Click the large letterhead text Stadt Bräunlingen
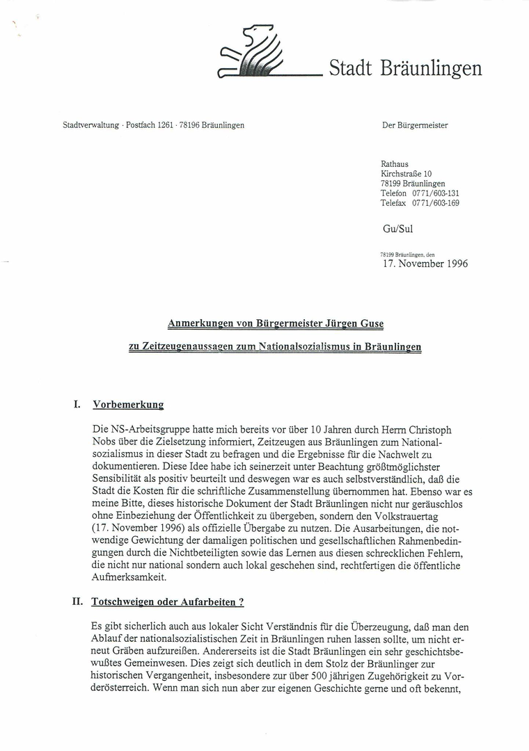coord(405,68)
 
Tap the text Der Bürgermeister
coord(415,126)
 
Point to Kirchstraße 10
coord(406,174)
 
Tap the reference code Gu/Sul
coord(397,227)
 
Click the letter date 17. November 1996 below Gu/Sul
coord(425,264)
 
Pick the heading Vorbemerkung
coord(128,404)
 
